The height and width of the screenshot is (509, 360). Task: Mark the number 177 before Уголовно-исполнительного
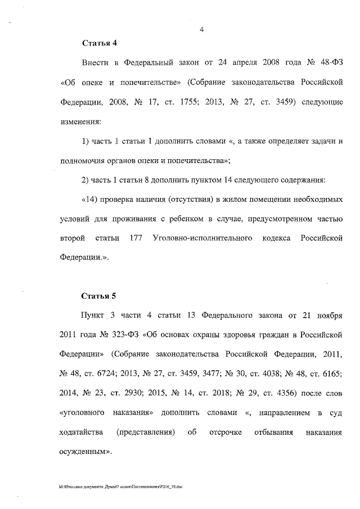(x=134, y=238)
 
